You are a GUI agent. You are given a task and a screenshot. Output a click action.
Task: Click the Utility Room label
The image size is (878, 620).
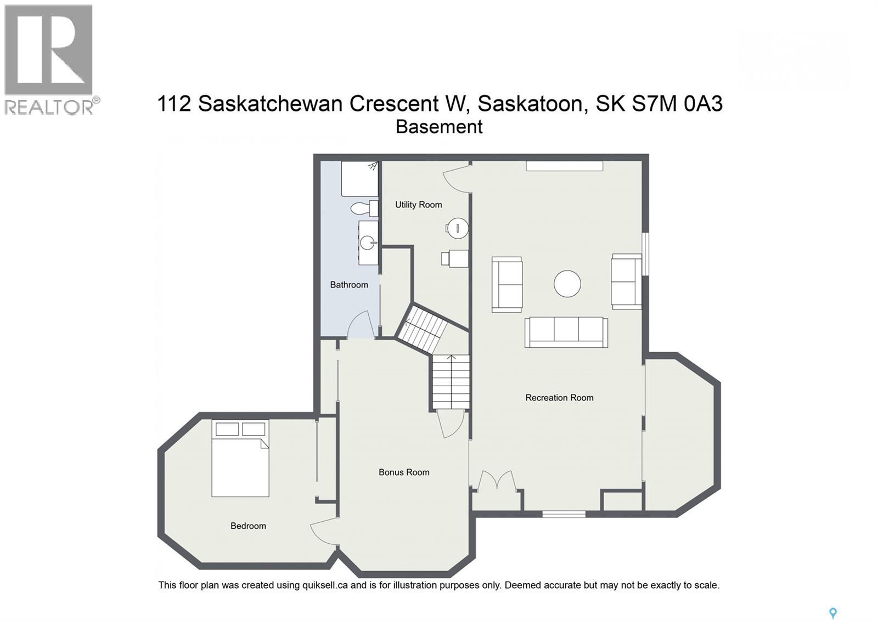[418, 205]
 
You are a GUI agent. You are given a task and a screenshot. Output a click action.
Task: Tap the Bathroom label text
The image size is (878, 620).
[349, 285]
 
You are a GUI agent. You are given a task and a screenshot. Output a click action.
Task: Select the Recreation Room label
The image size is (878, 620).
[559, 398]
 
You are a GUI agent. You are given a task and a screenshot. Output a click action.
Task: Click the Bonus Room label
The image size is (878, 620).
[404, 472]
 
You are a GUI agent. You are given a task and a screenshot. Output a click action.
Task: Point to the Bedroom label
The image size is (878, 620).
[248, 526]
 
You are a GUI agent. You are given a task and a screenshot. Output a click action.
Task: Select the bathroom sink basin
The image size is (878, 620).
[368, 242]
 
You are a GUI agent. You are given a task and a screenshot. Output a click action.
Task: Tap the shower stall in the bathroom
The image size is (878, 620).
[359, 179]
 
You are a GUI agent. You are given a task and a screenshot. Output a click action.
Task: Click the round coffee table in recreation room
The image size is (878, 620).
[567, 284]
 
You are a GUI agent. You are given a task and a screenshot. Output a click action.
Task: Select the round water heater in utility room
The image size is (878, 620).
[457, 228]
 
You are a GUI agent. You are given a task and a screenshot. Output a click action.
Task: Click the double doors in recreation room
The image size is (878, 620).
[496, 481]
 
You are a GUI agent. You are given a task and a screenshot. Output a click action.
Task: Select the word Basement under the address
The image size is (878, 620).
[439, 127]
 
